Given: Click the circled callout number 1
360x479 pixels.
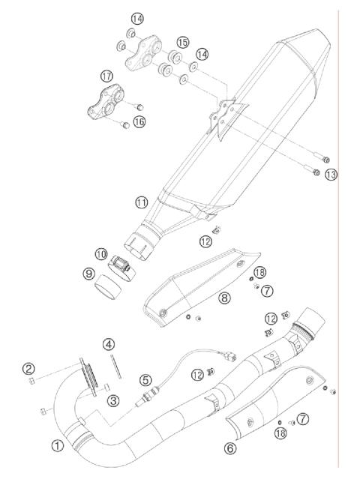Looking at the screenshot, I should [x=56, y=445].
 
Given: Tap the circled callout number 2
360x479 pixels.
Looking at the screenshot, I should [x=28, y=368].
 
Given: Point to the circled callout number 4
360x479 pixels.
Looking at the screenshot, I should [x=109, y=344].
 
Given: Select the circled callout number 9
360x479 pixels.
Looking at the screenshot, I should [x=88, y=274].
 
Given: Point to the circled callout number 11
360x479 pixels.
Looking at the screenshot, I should [x=142, y=203].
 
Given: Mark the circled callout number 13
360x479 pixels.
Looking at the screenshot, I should [x=331, y=174].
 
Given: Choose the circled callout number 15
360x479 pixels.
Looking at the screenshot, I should [x=183, y=43].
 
